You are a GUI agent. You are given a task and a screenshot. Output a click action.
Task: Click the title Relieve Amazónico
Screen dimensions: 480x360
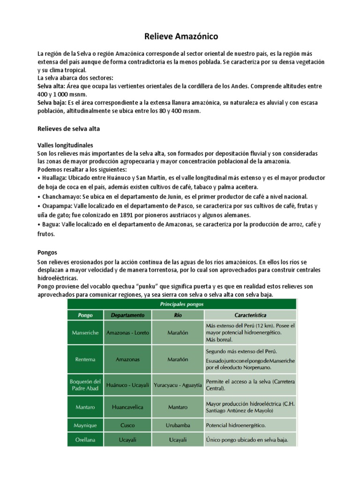pyautogui.click(x=180, y=36)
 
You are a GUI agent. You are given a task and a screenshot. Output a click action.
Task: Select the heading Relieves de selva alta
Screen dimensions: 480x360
pyautogui.click(x=68, y=128)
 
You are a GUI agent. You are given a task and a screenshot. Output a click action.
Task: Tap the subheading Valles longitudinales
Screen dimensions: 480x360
pyautogui.click(x=65, y=145)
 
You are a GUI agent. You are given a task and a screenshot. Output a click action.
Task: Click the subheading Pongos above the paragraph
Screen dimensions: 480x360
pyautogui.click(x=47, y=252)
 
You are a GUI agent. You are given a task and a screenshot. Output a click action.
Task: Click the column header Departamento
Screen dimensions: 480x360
pyautogui.click(x=128, y=315)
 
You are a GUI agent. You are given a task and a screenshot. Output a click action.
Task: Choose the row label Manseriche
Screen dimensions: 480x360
pyautogui.click(x=85, y=333)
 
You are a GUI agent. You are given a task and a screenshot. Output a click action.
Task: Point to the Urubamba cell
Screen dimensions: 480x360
pyautogui.click(x=178, y=426)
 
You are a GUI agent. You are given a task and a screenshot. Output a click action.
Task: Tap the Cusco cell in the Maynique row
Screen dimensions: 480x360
pyautogui.click(x=127, y=426)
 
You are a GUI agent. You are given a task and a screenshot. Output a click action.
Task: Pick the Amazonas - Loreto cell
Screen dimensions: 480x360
pyautogui.click(x=127, y=333)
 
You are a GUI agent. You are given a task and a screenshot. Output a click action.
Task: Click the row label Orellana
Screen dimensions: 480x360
pyautogui.click(x=85, y=440)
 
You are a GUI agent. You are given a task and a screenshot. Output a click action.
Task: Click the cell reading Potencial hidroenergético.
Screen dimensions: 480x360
pyautogui.click(x=236, y=426)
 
